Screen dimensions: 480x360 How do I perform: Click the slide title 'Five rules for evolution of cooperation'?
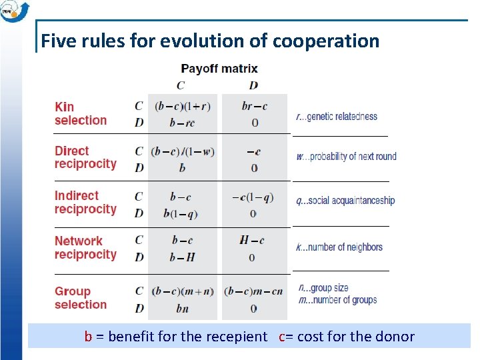pos(210,41)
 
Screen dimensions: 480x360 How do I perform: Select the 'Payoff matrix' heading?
pos(219,69)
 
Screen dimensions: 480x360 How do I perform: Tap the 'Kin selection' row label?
pos(80,113)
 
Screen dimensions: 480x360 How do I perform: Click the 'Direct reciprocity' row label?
pos(85,157)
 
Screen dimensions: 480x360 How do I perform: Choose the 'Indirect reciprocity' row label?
pos(85,203)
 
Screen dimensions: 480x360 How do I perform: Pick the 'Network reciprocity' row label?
pos(85,247)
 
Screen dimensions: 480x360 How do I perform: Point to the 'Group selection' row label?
pos(80,298)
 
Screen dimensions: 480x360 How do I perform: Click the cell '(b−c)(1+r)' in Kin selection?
pos(182,107)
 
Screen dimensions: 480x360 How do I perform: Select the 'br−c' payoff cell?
pos(254,107)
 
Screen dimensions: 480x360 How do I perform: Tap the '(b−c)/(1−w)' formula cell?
pos(182,151)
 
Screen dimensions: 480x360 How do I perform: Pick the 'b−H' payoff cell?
pos(181,257)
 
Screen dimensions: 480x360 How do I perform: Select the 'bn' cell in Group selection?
pos(182,309)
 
